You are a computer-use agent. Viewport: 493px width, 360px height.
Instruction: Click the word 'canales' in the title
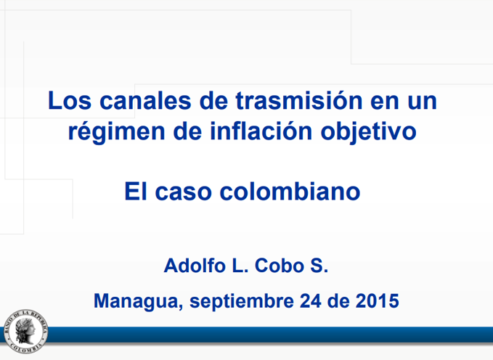click(x=145, y=100)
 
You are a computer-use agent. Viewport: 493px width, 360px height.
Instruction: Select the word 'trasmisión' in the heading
click(x=299, y=100)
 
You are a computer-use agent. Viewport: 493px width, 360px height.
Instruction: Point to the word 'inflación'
click(x=261, y=130)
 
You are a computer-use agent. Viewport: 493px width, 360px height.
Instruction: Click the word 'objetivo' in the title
click(x=369, y=131)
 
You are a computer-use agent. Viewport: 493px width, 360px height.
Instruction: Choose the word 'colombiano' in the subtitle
click(x=290, y=191)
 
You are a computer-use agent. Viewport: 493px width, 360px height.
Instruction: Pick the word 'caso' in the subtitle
click(x=183, y=192)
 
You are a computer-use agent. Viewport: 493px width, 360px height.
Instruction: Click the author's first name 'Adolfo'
click(x=194, y=265)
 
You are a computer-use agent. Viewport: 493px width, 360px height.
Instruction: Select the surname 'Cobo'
click(x=280, y=266)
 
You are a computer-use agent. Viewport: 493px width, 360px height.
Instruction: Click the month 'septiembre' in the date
click(x=242, y=301)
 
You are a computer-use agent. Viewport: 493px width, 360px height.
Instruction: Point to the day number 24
click(x=311, y=301)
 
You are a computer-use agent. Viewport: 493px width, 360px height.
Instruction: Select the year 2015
click(x=378, y=301)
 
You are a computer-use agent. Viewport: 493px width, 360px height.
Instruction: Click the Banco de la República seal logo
click(x=26, y=332)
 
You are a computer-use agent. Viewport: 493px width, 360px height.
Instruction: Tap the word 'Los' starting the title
click(x=70, y=100)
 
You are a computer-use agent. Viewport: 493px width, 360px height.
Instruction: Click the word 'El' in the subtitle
click(x=136, y=191)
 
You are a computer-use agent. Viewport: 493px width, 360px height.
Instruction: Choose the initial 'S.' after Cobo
click(x=319, y=266)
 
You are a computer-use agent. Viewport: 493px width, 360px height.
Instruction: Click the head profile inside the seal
click(x=25, y=330)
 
